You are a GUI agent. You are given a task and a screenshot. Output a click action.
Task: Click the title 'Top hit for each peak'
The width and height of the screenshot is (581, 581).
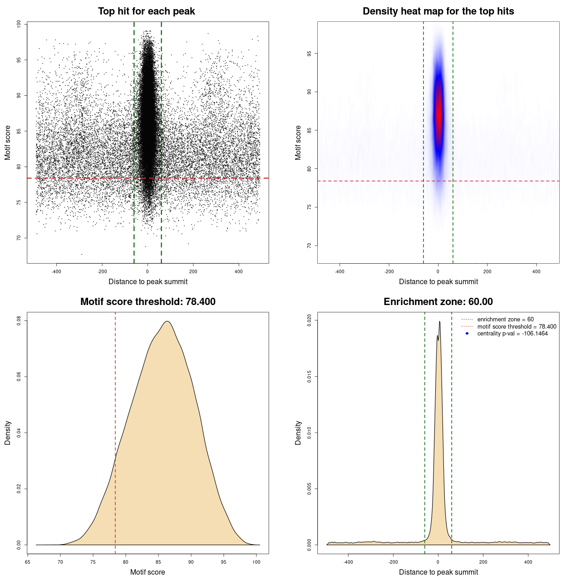[146, 11]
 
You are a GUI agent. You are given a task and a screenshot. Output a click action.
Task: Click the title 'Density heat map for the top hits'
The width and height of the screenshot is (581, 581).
[438, 11]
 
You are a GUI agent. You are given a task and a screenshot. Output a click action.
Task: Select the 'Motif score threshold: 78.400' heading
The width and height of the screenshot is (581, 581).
[148, 302]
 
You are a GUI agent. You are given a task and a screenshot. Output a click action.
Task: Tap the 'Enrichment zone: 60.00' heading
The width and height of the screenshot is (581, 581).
[438, 302]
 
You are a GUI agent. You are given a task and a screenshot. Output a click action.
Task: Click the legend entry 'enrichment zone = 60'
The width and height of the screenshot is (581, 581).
[505, 320]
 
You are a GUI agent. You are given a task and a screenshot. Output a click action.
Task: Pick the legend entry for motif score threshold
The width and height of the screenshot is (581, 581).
[517, 326]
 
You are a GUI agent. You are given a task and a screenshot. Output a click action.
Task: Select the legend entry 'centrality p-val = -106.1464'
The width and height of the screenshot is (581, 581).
[512, 334]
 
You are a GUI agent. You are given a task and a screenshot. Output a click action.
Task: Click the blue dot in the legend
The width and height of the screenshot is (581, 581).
[467, 334]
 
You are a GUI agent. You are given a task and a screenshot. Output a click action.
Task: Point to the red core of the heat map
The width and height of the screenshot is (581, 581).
[438, 113]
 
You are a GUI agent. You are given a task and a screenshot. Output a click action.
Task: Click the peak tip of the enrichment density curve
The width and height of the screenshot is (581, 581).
[440, 322]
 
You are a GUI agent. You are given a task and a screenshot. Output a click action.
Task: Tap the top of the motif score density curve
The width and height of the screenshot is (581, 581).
[167, 321]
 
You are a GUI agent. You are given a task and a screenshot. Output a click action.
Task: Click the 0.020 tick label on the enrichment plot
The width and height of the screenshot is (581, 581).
[310, 320]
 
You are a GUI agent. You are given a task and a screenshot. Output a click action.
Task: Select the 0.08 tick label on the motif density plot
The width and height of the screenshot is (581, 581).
[19, 321]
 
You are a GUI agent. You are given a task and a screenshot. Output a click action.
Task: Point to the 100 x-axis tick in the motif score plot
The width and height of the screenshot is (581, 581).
[256, 562]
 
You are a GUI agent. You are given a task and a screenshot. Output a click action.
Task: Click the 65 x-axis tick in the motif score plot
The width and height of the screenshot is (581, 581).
[28, 562]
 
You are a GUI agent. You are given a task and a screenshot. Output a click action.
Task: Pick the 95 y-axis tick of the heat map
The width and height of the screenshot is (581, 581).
[310, 54]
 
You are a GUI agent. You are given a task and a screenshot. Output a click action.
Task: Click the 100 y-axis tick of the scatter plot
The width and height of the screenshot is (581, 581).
[19, 24]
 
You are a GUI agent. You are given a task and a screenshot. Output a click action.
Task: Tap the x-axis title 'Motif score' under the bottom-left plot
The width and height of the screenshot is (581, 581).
[148, 572]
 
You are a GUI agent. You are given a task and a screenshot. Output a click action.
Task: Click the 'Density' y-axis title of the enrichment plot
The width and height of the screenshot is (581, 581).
[298, 433]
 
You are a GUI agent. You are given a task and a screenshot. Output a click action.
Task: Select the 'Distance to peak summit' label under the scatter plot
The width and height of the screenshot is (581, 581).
[148, 281]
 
